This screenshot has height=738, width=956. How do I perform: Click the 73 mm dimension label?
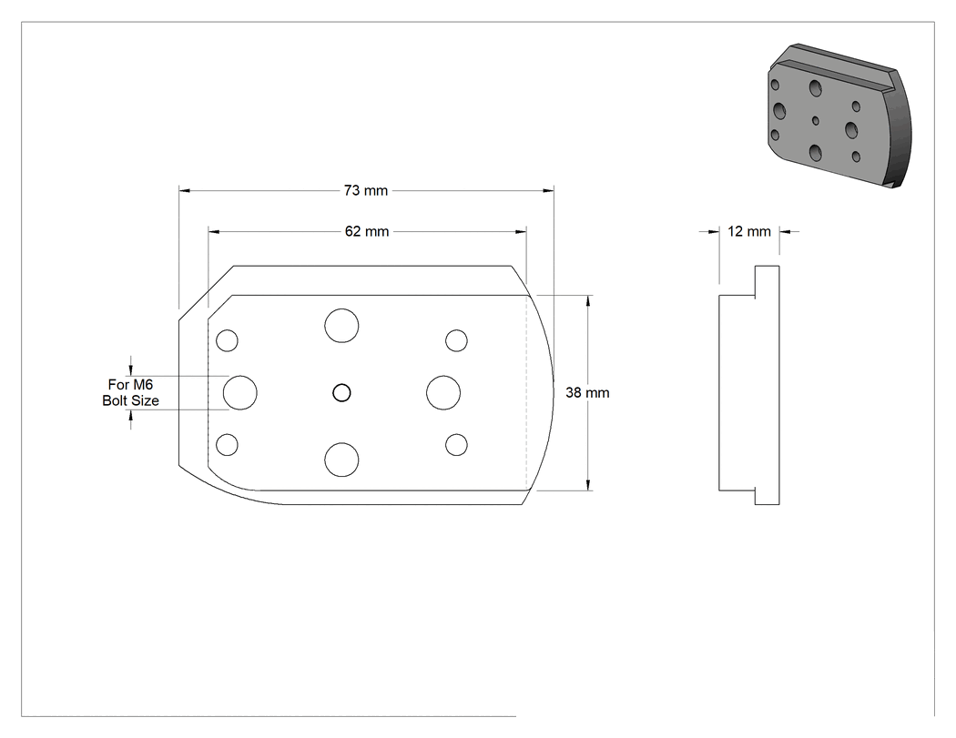(x=366, y=191)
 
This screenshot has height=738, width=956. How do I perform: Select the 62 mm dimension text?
(x=366, y=231)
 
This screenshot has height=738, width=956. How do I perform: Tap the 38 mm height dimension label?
(x=587, y=393)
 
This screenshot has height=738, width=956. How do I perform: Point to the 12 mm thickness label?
(x=748, y=231)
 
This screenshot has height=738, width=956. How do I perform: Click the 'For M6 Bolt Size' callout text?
(x=130, y=392)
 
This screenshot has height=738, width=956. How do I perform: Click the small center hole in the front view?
(x=342, y=393)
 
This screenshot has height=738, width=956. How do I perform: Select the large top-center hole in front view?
(x=341, y=326)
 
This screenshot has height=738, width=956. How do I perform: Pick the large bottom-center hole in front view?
(x=341, y=460)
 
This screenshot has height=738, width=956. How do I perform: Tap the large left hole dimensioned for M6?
(x=240, y=393)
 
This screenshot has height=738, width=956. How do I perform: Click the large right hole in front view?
(x=443, y=393)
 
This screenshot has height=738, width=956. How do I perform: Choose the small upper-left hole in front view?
(x=228, y=340)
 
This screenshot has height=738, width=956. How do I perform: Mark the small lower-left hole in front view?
(x=228, y=445)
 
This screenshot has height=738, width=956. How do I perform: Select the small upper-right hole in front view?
(x=456, y=340)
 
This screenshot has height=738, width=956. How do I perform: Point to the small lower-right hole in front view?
(x=456, y=445)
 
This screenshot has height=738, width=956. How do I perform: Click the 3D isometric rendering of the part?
(x=839, y=116)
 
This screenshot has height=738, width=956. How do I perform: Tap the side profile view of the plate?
(x=749, y=385)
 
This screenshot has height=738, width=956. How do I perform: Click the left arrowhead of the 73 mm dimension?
(x=184, y=191)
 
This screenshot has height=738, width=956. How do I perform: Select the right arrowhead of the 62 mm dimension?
(x=521, y=231)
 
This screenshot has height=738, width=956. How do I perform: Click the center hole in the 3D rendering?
(x=816, y=121)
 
